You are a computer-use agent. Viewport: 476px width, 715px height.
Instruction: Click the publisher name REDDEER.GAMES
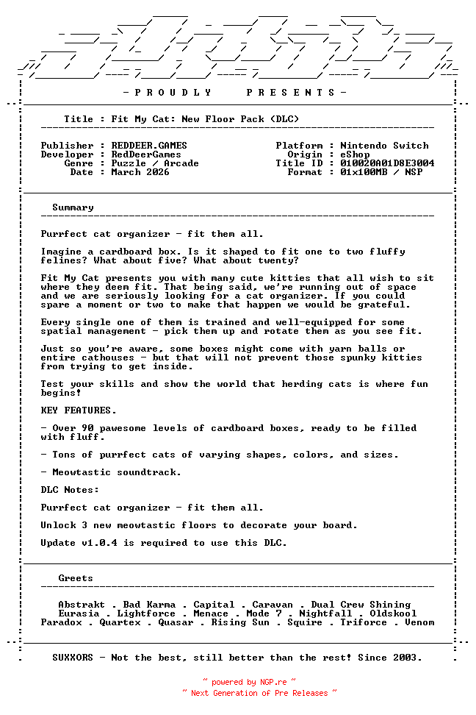[x=149, y=146]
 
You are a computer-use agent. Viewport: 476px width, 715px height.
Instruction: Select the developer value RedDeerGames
[x=146, y=154]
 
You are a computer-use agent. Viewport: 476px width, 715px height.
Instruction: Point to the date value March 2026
[x=140, y=172]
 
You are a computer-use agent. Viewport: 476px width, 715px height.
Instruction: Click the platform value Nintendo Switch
[x=384, y=146]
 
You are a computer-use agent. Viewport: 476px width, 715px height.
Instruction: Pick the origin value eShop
[x=355, y=154]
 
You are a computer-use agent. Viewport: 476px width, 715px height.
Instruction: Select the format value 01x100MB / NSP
[x=381, y=172]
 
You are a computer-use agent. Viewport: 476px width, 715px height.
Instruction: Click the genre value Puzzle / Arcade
[x=155, y=163]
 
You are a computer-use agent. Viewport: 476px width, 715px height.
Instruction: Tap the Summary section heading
[x=73, y=207]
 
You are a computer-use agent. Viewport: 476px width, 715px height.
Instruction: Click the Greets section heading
[x=76, y=578]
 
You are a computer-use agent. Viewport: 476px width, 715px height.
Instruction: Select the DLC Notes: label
[x=70, y=490]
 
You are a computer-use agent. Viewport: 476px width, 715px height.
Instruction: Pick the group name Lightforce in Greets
[x=146, y=613]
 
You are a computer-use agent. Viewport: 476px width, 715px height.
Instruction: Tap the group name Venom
[x=419, y=622]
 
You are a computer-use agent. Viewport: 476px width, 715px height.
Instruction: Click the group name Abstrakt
[x=82, y=605]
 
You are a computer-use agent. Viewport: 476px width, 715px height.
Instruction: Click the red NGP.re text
[x=272, y=683]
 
